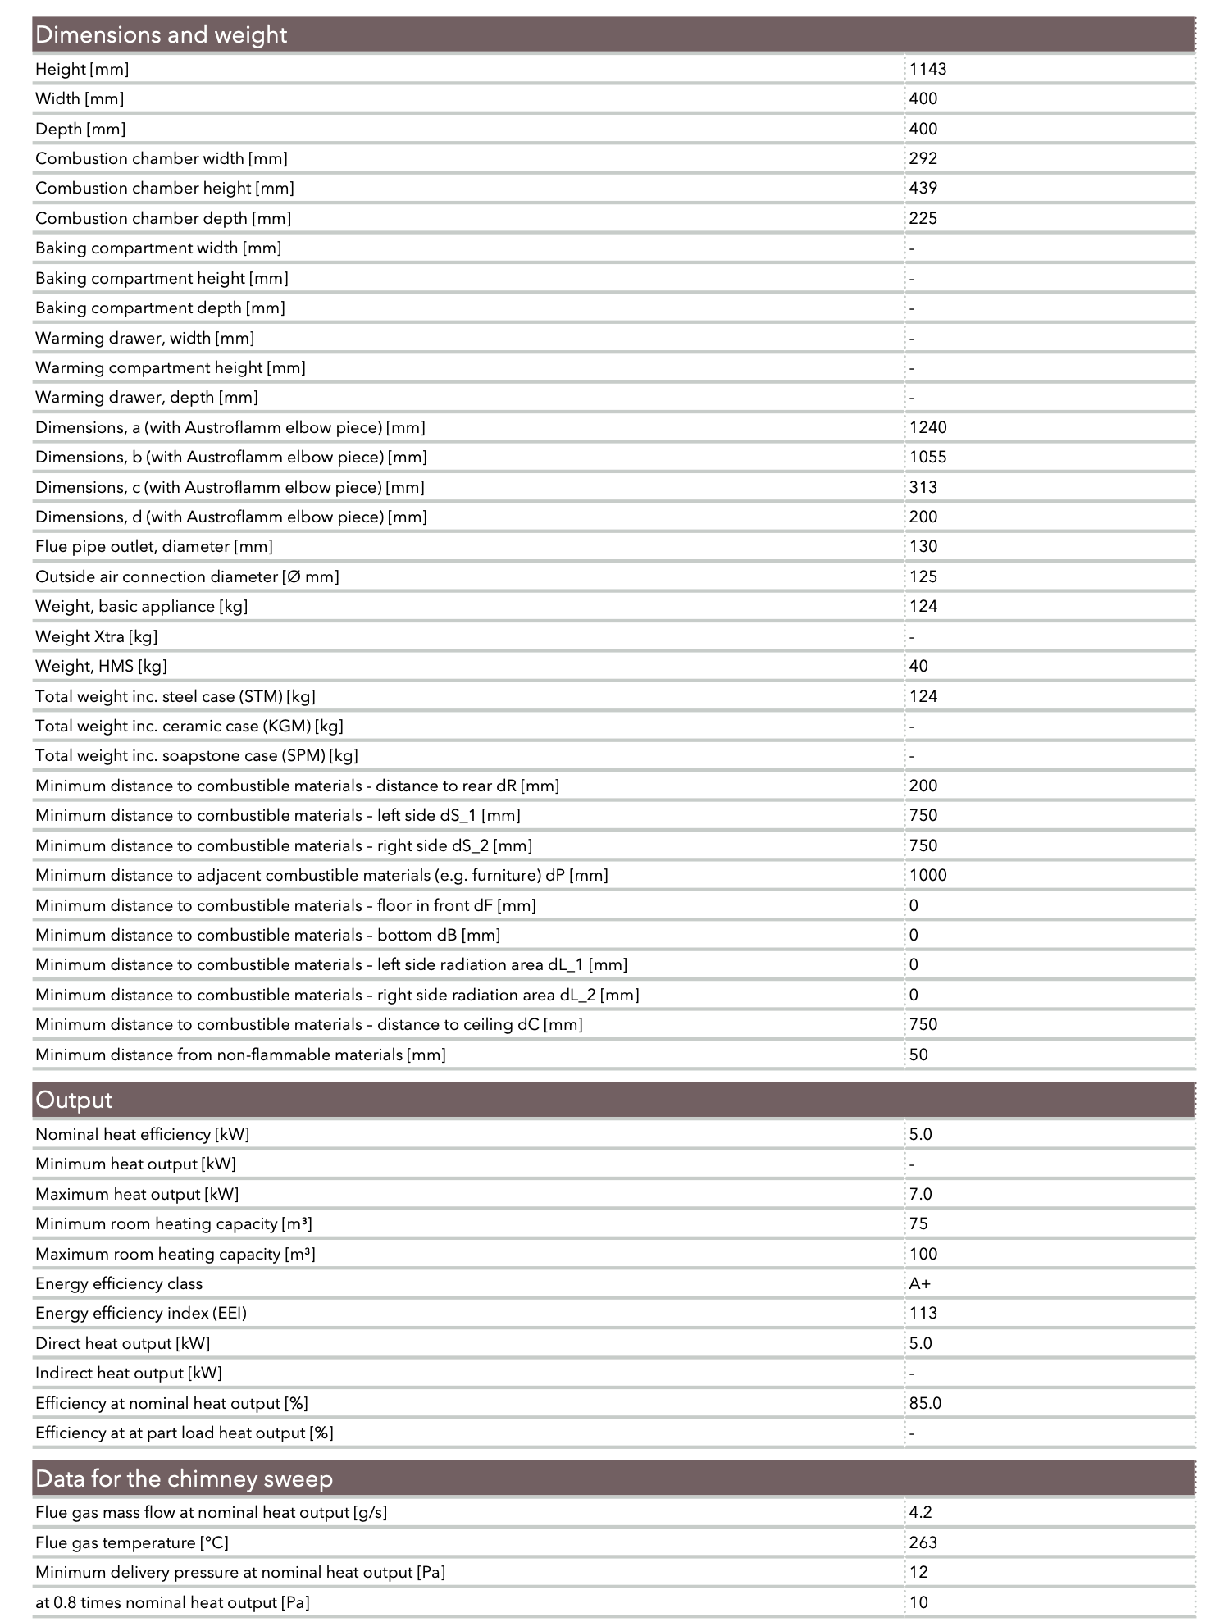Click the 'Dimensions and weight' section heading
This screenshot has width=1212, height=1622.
click(162, 35)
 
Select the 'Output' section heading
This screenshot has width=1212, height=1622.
click(74, 1100)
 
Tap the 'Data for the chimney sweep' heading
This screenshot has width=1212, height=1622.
click(184, 1478)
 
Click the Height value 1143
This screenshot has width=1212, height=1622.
click(927, 69)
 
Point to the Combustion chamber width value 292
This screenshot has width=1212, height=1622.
click(923, 158)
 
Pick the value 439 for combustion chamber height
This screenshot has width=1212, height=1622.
click(923, 188)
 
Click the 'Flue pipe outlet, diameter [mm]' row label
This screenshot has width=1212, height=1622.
click(154, 546)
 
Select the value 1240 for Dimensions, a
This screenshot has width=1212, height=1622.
click(927, 427)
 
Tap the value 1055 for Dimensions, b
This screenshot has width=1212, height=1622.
click(927, 457)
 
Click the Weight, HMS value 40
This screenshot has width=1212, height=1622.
click(918, 666)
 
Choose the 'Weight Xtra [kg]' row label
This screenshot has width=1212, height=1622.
click(97, 636)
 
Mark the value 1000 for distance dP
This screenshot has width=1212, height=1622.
click(927, 875)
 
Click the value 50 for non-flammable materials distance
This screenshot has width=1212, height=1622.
click(918, 1055)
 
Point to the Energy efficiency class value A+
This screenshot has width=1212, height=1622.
click(919, 1283)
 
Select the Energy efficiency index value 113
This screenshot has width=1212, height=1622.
click(923, 1313)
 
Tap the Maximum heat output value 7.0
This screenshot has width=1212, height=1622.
click(920, 1194)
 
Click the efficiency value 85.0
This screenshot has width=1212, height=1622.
click(925, 1403)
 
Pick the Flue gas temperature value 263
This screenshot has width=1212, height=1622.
click(923, 1542)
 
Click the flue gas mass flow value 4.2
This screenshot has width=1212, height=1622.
click(920, 1512)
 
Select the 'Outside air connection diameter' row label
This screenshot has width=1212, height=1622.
click(187, 576)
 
